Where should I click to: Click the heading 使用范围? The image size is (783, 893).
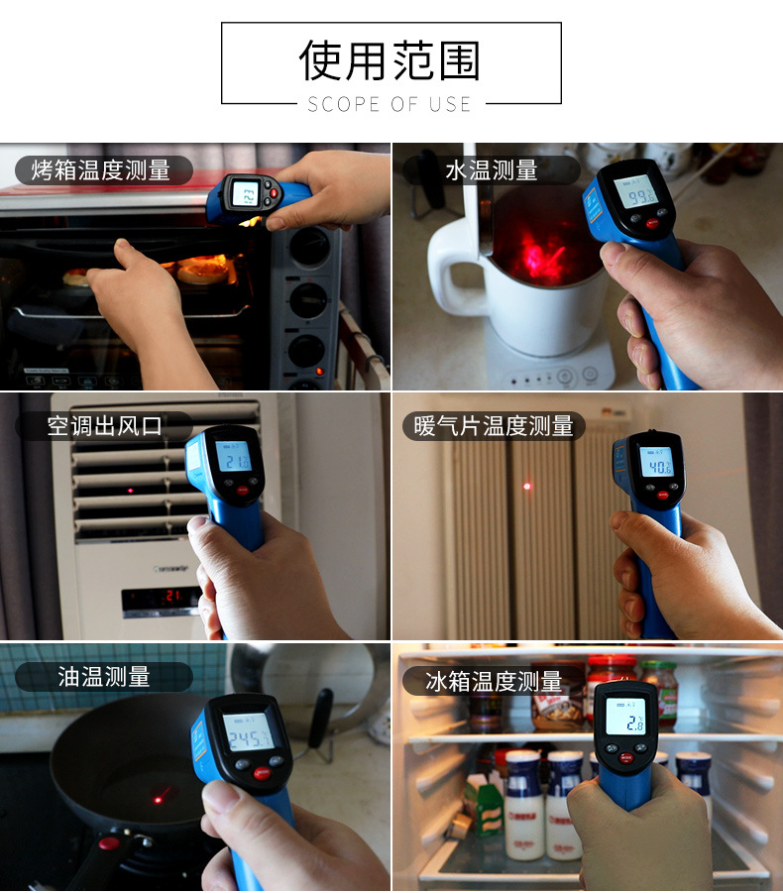pyautogui.click(x=390, y=60)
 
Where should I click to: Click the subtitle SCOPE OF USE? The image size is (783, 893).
pyautogui.click(x=390, y=104)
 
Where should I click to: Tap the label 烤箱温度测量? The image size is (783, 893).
pyautogui.click(x=101, y=170)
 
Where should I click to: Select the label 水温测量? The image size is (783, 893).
pyautogui.click(x=491, y=170)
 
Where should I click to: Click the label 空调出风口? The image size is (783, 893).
pyautogui.click(x=104, y=426)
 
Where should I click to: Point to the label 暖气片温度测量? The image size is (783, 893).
pyautogui.click(x=493, y=426)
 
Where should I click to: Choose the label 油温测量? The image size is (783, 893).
pyautogui.click(x=103, y=677)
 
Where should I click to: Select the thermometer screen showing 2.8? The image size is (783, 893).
pyautogui.click(x=625, y=719)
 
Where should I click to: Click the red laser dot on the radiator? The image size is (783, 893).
pyautogui.click(x=527, y=486)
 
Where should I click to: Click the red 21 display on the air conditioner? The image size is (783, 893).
pyautogui.click(x=163, y=596)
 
